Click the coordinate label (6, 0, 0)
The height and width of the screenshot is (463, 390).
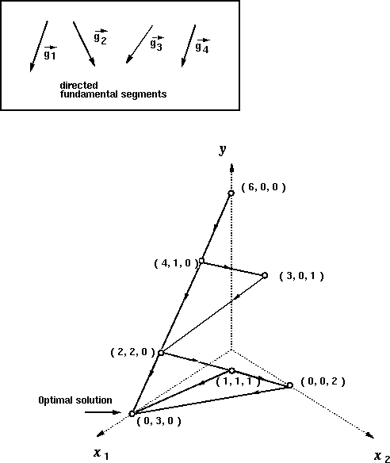tap(264, 187)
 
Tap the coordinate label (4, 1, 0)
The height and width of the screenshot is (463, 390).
tap(176, 262)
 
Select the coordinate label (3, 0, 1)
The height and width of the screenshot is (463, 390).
tap(301, 276)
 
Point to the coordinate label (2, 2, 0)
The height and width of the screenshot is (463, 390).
tap(132, 352)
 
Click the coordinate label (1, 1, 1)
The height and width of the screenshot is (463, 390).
tap(238, 381)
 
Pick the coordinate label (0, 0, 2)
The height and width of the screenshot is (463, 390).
tap(323, 381)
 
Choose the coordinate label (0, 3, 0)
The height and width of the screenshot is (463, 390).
tap(159, 421)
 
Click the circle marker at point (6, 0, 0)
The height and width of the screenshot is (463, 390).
tap(231, 193)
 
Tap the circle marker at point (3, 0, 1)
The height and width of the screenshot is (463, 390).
tap(265, 275)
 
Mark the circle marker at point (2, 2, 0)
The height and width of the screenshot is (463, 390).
tap(161, 353)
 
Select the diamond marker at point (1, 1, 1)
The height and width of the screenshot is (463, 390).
tap(231, 370)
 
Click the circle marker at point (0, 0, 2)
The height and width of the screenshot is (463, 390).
tap(290, 385)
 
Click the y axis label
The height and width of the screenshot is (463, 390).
tap(223, 150)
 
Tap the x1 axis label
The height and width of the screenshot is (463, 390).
tap(101, 453)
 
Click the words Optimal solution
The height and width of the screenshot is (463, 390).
tap(75, 400)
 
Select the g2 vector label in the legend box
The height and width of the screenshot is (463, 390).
tap(101, 37)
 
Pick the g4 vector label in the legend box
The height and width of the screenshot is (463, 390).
tap(202, 46)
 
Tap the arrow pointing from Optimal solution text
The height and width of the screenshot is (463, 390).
tap(103, 412)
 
